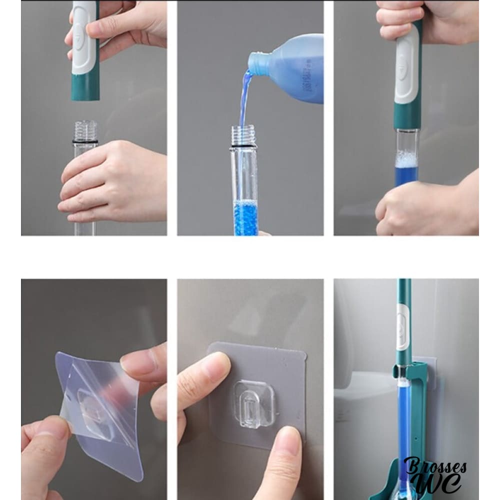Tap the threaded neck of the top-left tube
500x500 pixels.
(85, 130)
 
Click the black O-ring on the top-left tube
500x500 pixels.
(85, 141)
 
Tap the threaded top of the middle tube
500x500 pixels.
(243, 135)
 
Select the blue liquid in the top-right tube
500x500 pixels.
(406, 175)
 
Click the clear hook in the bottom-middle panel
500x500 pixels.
(254, 403)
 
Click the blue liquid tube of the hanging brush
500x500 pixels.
(403, 421)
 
